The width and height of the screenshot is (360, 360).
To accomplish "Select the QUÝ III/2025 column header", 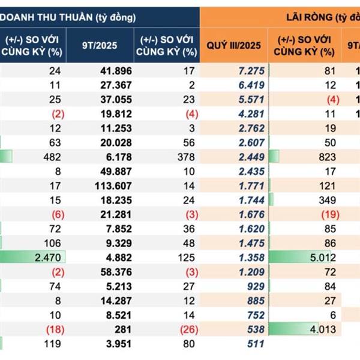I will pos(233,45).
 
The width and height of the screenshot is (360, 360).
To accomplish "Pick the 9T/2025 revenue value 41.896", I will pos(115,71).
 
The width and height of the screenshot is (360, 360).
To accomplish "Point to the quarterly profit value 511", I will pos(256,344).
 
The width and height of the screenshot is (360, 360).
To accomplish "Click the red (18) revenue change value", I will pos(51,329).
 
